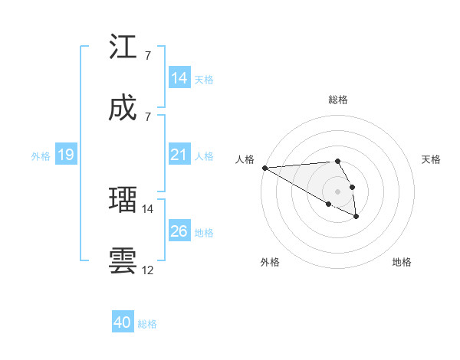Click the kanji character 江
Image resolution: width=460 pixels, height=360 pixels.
pos(123,47)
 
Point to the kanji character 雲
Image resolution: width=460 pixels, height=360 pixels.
pos(123,260)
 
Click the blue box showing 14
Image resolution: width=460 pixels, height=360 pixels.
pos(179,78)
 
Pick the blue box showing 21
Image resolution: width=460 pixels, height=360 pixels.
pos(179,155)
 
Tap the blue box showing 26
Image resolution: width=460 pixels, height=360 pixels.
pos(179,231)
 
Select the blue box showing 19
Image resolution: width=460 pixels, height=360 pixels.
pos(65,155)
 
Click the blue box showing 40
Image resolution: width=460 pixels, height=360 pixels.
pos(123,322)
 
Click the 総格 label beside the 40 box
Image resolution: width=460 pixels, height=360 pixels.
pos(147,324)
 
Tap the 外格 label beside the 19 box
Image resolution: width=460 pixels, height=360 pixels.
pos(41,156)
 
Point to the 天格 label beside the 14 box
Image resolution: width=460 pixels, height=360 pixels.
pos(204,79)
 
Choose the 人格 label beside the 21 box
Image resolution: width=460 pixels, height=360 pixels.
pos(204,156)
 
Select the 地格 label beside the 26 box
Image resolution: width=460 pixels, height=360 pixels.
pos(204,232)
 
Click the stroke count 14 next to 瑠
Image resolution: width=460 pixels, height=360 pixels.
pos(148,208)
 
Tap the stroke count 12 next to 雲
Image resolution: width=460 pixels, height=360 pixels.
pos(148,270)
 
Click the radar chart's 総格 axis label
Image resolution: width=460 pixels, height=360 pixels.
pos(338,100)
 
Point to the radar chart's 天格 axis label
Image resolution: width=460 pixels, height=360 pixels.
pos(432,159)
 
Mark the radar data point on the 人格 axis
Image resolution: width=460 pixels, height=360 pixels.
pos(264,168)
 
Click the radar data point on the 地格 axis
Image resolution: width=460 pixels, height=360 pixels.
pos(356,217)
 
